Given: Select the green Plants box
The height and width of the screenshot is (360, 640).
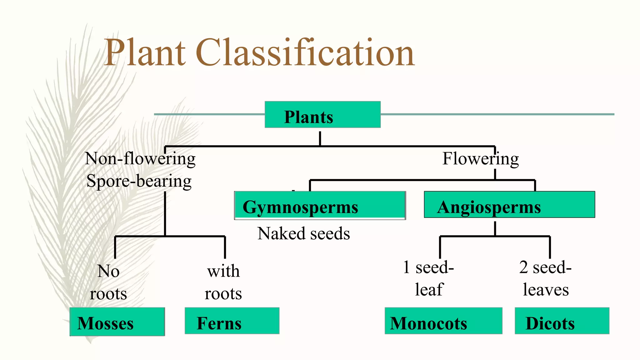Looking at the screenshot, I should [x=322, y=115].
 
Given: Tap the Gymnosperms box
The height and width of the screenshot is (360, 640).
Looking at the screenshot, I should [x=320, y=205].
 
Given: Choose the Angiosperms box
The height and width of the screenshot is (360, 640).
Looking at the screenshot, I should [x=509, y=205].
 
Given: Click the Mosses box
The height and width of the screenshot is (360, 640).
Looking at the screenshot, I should [x=117, y=322].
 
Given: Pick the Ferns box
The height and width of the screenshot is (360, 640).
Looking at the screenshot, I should [x=232, y=321].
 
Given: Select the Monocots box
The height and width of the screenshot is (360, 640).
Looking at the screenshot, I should [x=443, y=321].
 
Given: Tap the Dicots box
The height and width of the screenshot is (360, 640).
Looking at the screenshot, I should [x=562, y=321].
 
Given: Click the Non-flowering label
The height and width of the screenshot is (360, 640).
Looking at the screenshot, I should [x=140, y=158].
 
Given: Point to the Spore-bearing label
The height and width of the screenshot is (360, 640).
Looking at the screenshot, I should [x=139, y=181].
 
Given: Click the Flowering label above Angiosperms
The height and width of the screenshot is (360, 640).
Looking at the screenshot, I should [x=480, y=158].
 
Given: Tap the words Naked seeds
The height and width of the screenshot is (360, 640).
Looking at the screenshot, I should [x=303, y=233].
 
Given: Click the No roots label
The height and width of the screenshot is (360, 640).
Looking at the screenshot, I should [x=108, y=282].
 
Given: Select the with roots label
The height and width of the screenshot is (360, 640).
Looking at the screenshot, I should [x=223, y=282].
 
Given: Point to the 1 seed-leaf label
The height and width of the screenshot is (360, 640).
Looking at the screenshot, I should [x=428, y=278].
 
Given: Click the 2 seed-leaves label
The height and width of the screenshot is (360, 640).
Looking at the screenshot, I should [x=546, y=278].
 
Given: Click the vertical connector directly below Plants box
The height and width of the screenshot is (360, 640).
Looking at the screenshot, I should [x=320, y=138].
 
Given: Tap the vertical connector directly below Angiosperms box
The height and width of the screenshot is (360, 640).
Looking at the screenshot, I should [x=495, y=228].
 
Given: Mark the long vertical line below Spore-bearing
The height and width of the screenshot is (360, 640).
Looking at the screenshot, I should [x=165, y=214].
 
